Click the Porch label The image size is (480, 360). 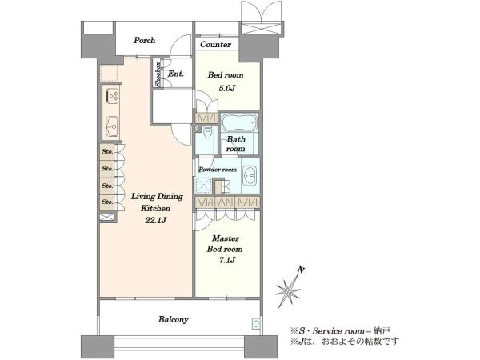click(x=144, y=40)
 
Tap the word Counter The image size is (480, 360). click(x=215, y=44)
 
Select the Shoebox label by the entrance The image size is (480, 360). click(x=158, y=74)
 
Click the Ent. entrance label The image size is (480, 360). click(x=176, y=74)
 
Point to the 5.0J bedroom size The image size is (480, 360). click(x=226, y=88)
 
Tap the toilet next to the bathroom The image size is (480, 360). click(x=207, y=134)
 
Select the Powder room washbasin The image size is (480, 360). click(x=250, y=176)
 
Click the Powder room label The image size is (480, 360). click(x=218, y=170)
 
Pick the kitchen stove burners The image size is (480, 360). click(x=112, y=95)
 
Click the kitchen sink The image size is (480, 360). click(x=112, y=126)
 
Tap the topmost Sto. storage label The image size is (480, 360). click(x=107, y=151)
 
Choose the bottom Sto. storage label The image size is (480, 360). click(x=107, y=202)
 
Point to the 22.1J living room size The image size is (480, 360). click(x=155, y=220)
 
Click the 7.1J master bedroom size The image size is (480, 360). click(x=226, y=260)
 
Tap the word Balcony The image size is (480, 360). click(x=174, y=319)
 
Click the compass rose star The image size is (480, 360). click(x=288, y=290)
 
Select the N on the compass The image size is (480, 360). click(x=302, y=270)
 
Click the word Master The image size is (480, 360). click(x=226, y=238)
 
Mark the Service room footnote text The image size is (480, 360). click(x=341, y=331)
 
